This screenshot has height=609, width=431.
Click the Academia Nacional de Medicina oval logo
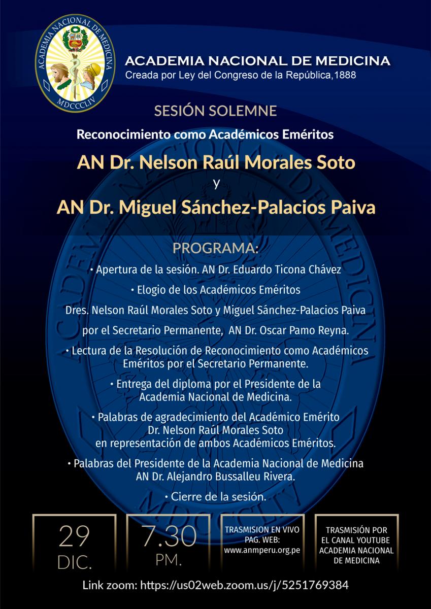coord(75,63)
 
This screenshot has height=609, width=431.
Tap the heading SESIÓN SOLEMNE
coord(215,111)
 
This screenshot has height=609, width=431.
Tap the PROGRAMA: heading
coord(215,249)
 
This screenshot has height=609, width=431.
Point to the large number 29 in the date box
coord(74,537)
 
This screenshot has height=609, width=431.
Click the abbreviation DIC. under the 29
coord(74,562)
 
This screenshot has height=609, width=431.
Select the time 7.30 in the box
coord(169,536)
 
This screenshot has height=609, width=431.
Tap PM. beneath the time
coord(169,561)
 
